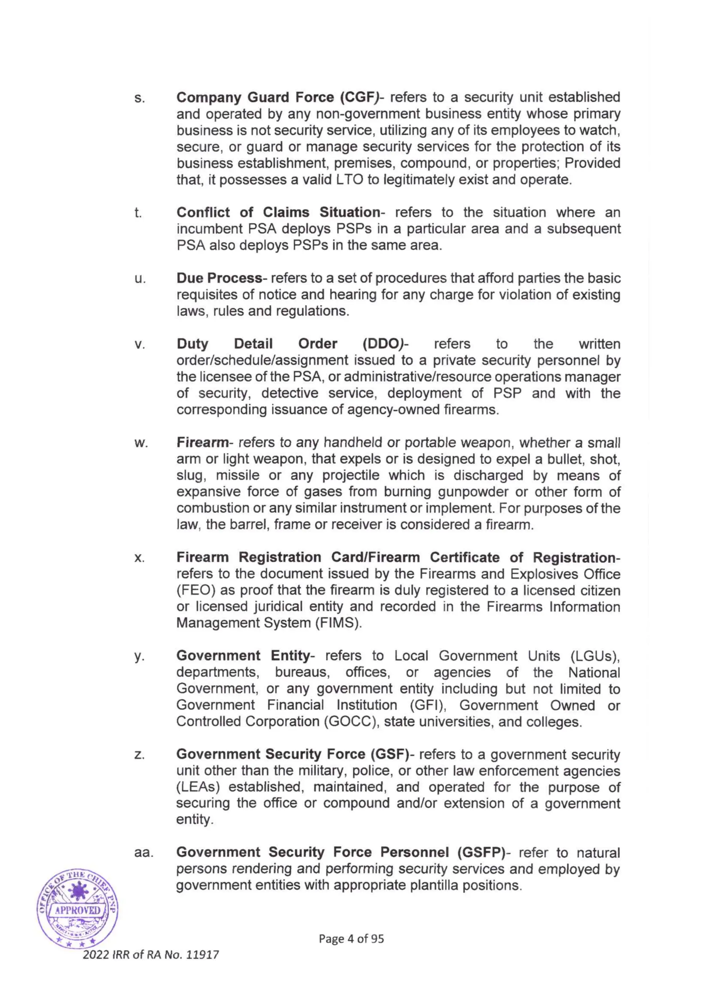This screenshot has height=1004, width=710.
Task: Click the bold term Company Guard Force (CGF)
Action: click(x=277, y=97)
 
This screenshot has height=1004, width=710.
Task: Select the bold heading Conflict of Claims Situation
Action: click(x=278, y=212)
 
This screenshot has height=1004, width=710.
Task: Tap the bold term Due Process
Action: click(x=219, y=278)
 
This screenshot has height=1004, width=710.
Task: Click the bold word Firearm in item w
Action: click(x=202, y=443)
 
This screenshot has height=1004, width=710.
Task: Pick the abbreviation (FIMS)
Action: click(x=339, y=623)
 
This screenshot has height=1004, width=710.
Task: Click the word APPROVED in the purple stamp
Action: click(x=77, y=910)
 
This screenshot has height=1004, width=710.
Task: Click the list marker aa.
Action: click(x=144, y=853)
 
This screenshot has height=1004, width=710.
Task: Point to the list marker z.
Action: click(x=139, y=755)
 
